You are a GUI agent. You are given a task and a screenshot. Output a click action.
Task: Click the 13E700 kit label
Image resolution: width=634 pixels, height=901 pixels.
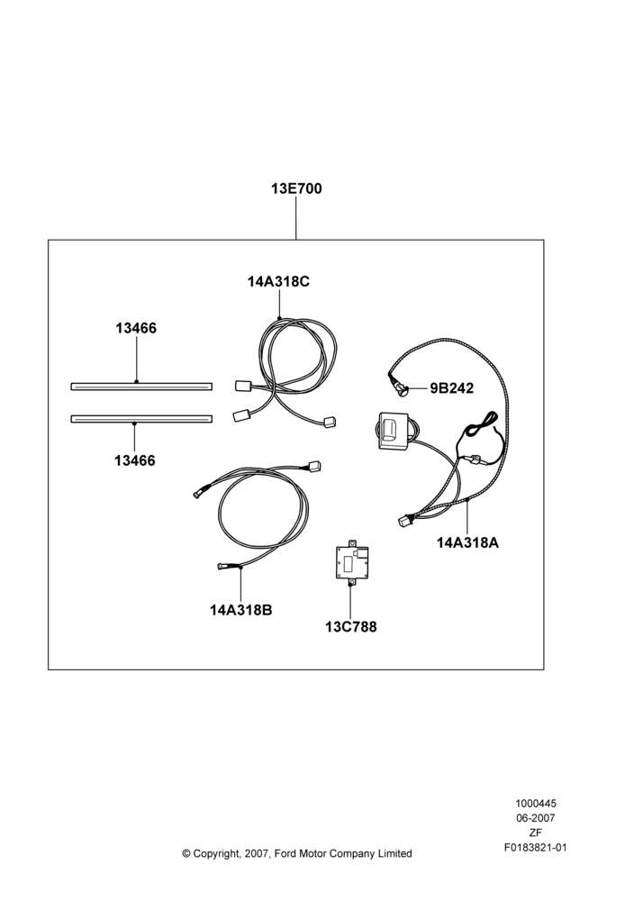(296, 188)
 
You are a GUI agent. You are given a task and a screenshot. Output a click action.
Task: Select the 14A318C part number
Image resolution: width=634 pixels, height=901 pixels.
(278, 281)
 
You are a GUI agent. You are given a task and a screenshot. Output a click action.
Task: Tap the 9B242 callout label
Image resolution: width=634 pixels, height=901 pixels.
(452, 388)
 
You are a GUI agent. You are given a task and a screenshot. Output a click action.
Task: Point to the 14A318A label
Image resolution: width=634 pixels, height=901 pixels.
(467, 542)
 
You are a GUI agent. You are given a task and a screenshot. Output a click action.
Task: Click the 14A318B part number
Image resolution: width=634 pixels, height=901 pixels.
(240, 610)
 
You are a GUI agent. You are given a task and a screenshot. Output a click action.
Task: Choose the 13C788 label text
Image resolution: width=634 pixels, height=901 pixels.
(351, 627)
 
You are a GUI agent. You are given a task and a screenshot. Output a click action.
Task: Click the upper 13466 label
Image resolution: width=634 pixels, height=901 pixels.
(136, 328)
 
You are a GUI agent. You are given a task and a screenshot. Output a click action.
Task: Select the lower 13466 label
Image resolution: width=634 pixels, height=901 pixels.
(135, 460)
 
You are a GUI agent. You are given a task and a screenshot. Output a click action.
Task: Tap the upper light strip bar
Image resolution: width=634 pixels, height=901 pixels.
(141, 387)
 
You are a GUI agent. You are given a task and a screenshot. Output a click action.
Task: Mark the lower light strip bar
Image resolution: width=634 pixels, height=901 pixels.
(141, 419)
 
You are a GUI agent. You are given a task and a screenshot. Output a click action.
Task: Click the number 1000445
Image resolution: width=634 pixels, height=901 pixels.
(536, 804)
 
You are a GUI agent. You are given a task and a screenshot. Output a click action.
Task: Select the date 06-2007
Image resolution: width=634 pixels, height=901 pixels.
(536, 818)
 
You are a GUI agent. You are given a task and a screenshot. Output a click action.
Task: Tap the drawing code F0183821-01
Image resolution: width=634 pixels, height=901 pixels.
(536, 847)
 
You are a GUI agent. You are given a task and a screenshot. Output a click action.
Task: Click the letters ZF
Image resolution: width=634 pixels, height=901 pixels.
(536, 833)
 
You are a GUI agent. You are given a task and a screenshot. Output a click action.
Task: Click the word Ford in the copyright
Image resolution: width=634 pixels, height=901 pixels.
(285, 853)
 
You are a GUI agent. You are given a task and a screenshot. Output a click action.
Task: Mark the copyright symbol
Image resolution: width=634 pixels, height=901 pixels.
(186, 853)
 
